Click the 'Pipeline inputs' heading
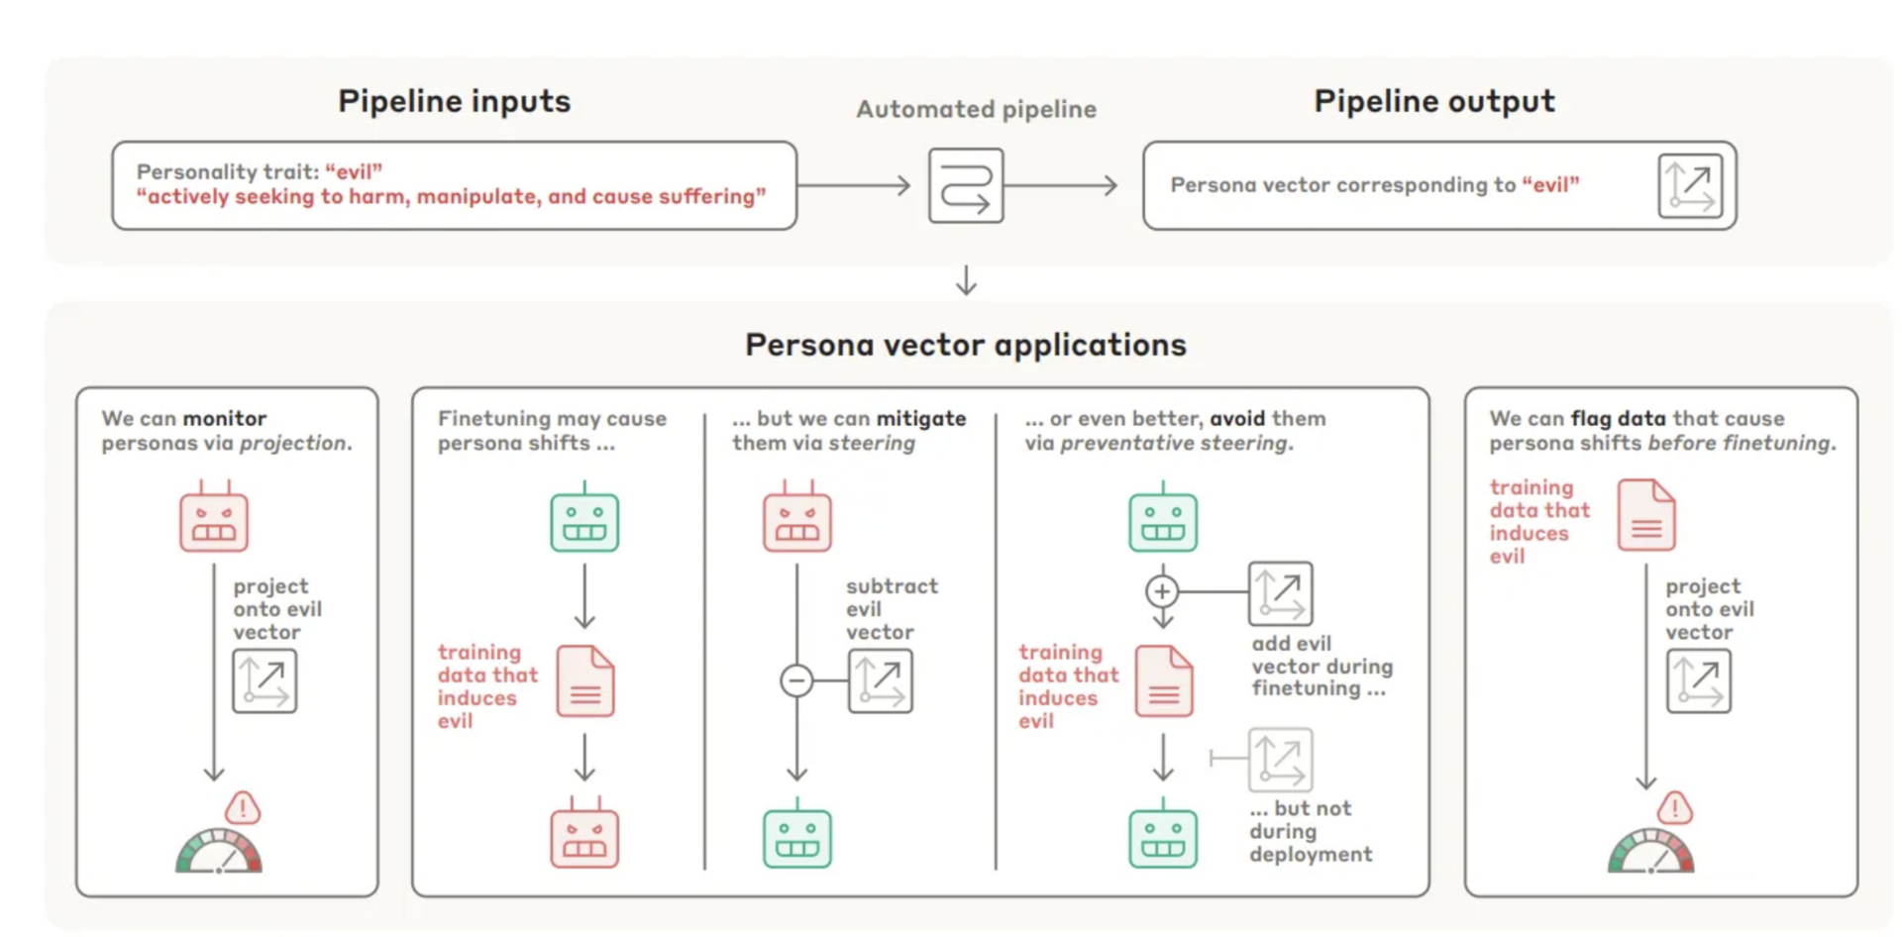(x=454, y=101)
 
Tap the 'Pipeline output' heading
(x=1433, y=101)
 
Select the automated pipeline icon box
(x=966, y=185)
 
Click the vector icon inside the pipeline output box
(x=1690, y=185)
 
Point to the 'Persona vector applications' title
(x=965, y=345)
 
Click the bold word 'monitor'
(x=225, y=418)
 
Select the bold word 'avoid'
(x=1237, y=418)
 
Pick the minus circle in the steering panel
(x=796, y=680)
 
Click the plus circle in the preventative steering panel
(x=1162, y=591)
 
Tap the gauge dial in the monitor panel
(x=219, y=853)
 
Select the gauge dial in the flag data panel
(x=1651, y=853)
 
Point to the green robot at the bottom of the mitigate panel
(x=797, y=835)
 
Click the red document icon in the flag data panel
(x=1645, y=515)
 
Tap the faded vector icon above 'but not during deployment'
(x=1281, y=760)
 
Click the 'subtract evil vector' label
(x=891, y=608)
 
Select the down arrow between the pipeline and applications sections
(x=966, y=280)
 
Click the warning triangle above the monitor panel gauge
(x=243, y=808)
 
